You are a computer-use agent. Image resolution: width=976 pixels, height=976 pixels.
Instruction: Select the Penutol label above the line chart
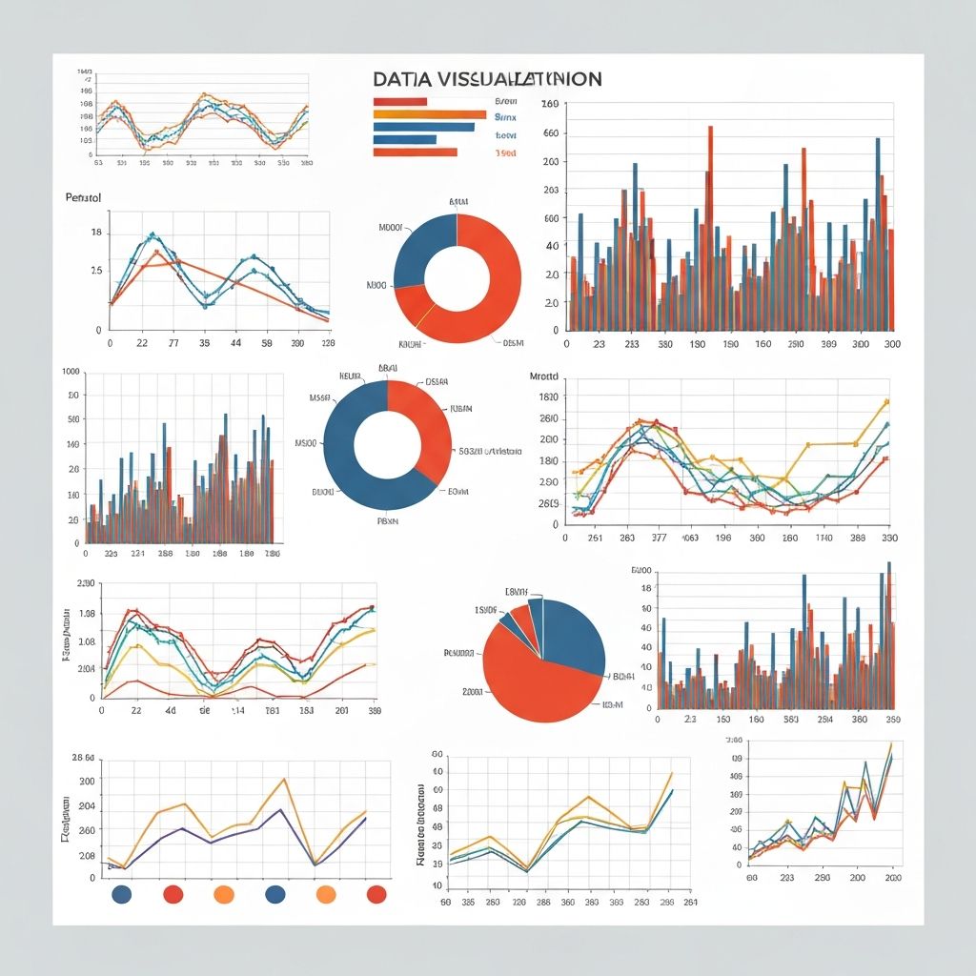point(83,197)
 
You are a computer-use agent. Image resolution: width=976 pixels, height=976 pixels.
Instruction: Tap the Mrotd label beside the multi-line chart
point(548,376)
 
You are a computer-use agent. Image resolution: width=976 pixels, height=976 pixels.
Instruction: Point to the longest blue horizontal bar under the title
point(423,127)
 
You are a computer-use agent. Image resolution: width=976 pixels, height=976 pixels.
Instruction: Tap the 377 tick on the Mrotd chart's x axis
point(660,538)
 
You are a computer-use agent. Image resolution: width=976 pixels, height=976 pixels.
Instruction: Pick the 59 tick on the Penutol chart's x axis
point(267,342)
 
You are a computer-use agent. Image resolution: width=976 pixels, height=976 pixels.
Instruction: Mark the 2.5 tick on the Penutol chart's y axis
point(95,272)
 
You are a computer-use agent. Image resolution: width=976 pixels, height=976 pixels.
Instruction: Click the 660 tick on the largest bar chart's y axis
point(551,133)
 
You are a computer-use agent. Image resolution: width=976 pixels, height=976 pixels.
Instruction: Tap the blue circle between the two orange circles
point(274,893)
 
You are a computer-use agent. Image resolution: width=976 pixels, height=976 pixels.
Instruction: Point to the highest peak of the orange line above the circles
point(284,779)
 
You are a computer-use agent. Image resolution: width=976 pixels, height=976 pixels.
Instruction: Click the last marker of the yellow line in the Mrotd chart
point(886,401)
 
